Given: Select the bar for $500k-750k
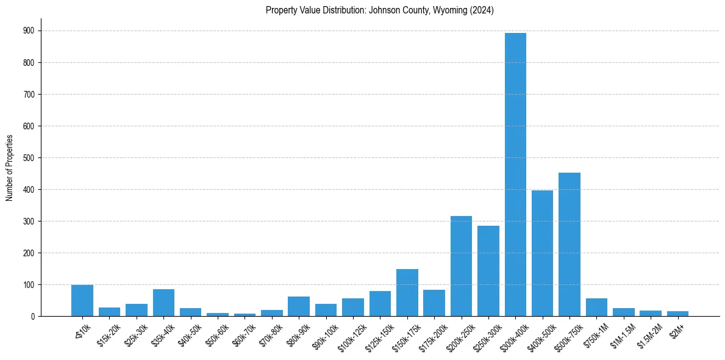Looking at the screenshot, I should tap(569, 244).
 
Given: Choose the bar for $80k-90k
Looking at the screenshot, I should tap(299, 306).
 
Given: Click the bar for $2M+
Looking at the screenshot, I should tap(677, 314).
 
